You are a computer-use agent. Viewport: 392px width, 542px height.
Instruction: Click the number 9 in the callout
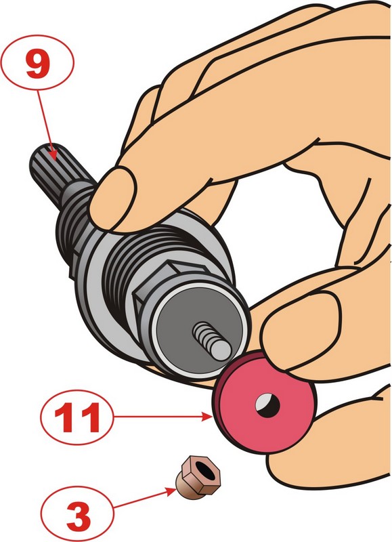click(x=38, y=65)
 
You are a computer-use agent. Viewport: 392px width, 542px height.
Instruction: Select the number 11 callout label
click(x=77, y=418)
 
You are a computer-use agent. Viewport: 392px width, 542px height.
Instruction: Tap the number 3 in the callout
click(x=78, y=516)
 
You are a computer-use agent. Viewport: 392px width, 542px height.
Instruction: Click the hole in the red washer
click(x=267, y=404)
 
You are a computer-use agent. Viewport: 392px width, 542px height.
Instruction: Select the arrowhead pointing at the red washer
click(x=208, y=417)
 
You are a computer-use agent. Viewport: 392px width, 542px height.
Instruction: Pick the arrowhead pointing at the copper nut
click(x=172, y=491)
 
